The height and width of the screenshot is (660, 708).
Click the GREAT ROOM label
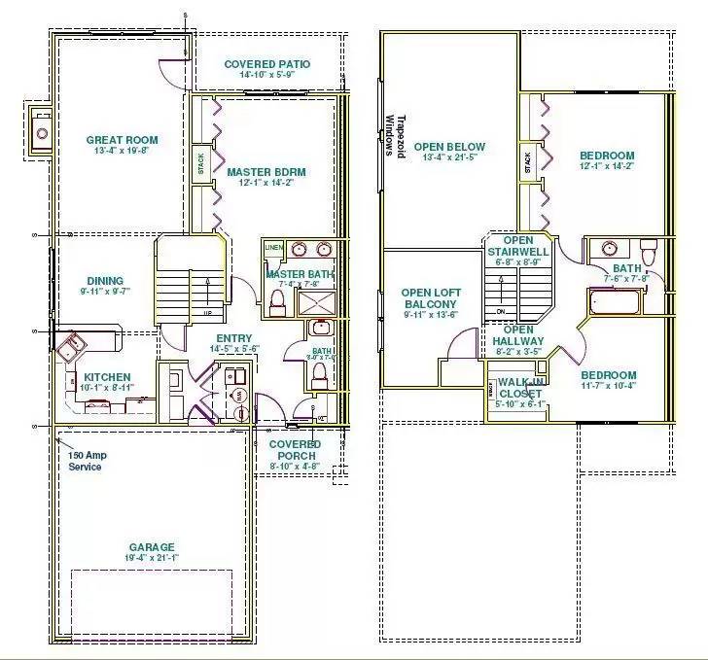(122, 140)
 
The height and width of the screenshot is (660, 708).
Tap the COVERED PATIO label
(266, 65)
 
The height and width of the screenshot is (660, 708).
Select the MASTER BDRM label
(266, 172)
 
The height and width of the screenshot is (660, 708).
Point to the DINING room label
(105, 280)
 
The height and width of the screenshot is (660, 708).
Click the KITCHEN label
(107, 377)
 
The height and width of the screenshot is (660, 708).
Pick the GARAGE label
(151, 547)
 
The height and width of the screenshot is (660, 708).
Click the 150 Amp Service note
(85, 461)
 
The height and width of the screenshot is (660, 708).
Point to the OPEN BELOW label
(449, 148)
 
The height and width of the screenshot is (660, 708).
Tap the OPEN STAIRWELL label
(517, 246)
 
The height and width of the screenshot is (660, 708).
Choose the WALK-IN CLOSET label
(520, 388)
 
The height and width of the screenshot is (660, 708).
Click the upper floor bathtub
(614, 302)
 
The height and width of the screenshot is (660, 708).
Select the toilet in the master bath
(275, 304)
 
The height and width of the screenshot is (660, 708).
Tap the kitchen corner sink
(70, 345)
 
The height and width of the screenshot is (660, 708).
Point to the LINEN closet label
(273, 247)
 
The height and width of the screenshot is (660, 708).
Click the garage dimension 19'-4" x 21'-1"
(152, 558)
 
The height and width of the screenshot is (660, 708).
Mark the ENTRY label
(233, 338)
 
